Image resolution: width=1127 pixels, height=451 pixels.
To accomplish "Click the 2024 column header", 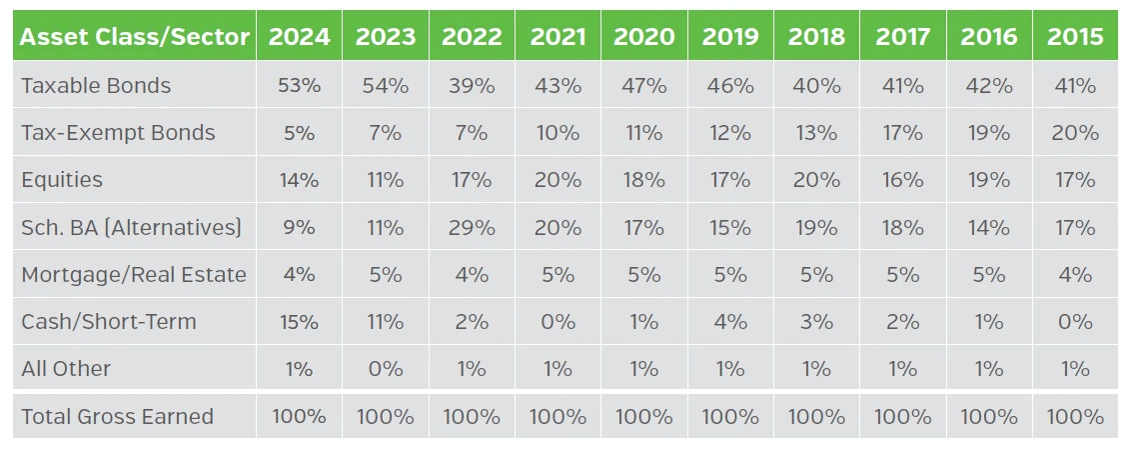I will [299, 37].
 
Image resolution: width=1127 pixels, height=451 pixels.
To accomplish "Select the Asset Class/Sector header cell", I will [135, 37].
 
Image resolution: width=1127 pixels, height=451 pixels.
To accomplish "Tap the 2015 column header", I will [1075, 37].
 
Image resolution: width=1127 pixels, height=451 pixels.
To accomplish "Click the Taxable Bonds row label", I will [96, 86].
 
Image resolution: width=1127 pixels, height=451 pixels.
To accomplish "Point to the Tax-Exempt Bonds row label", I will [118, 133].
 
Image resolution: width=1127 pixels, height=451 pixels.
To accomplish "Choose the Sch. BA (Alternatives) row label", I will [131, 228].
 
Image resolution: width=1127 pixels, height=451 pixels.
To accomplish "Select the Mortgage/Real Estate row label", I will [134, 275].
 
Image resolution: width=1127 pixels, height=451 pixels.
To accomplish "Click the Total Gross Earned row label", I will [117, 417].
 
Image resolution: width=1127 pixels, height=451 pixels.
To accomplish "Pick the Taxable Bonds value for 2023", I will [386, 86].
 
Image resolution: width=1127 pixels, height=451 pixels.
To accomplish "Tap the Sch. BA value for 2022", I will [472, 228].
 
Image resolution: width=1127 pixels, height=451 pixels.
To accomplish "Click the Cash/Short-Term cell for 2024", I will [299, 322].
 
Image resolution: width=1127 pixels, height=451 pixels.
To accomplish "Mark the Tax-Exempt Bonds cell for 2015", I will [1075, 133].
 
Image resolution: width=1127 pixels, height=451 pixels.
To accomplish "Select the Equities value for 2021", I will [558, 180].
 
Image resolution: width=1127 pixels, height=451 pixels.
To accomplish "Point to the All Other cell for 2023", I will [386, 369].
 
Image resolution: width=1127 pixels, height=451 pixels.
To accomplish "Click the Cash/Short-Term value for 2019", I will [730, 322].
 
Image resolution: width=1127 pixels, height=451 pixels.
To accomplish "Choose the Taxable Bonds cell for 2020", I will [643, 86].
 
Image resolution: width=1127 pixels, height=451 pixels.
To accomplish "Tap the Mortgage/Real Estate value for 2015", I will [1075, 275].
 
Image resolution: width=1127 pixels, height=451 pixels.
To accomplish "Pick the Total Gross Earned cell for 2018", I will [816, 417].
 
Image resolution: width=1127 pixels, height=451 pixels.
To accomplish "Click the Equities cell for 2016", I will [989, 180].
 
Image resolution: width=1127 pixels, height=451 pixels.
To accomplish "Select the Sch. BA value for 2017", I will [902, 228].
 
